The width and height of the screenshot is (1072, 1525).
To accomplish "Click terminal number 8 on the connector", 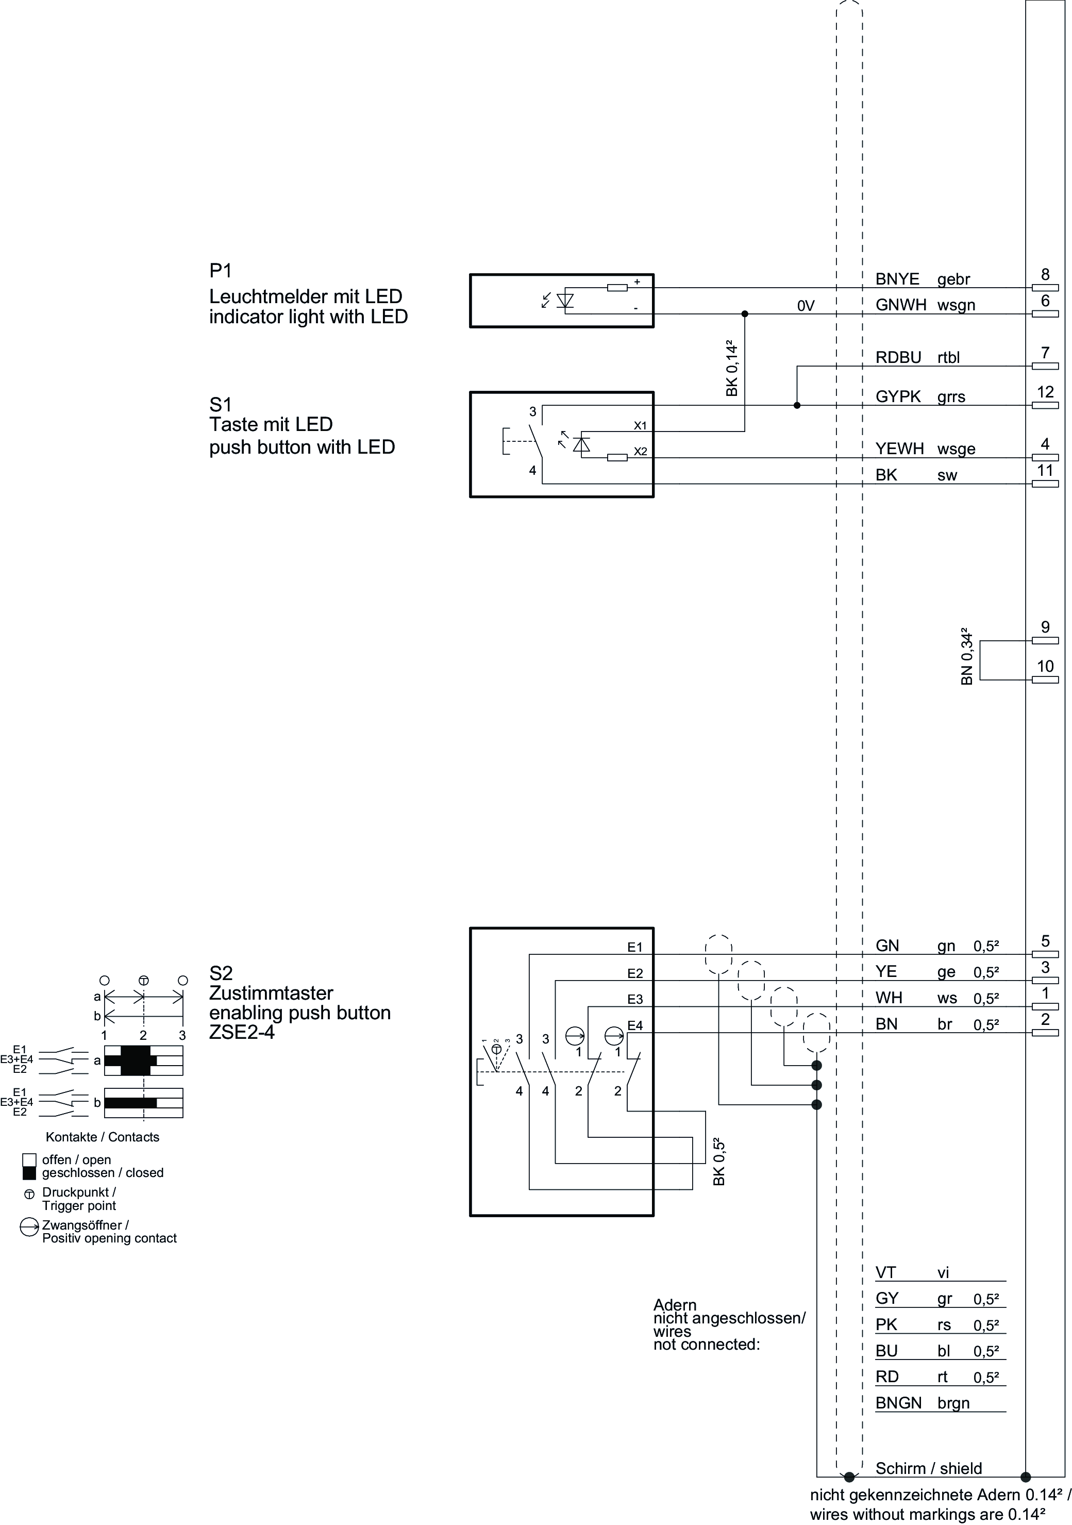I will tap(1045, 274).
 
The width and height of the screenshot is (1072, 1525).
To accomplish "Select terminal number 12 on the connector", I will tap(1045, 392).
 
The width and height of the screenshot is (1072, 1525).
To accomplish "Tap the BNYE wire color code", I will tap(897, 279).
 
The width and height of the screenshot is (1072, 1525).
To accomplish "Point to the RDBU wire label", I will tap(898, 357).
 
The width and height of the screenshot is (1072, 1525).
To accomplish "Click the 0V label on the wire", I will tap(805, 306).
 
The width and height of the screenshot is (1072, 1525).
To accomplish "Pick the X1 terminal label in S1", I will tap(640, 425).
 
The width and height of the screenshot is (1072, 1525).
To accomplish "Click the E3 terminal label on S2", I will tap(635, 999).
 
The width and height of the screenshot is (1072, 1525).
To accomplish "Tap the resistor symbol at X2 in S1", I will tap(617, 458).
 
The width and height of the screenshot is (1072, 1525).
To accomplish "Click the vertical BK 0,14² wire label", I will tap(731, 369).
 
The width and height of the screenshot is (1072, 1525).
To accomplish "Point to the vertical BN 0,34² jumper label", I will tap(966, 656).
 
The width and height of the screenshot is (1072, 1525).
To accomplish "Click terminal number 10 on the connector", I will tap(1045, 666).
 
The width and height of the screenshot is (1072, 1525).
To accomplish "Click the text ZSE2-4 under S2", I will tap(242, 1033).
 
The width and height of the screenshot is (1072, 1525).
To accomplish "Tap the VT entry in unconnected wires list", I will tap(886, 1272).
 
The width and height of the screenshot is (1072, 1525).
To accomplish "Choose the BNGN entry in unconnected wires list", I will tap(898, 1403).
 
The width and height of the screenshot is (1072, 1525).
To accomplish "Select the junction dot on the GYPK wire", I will tap(797, 405).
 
